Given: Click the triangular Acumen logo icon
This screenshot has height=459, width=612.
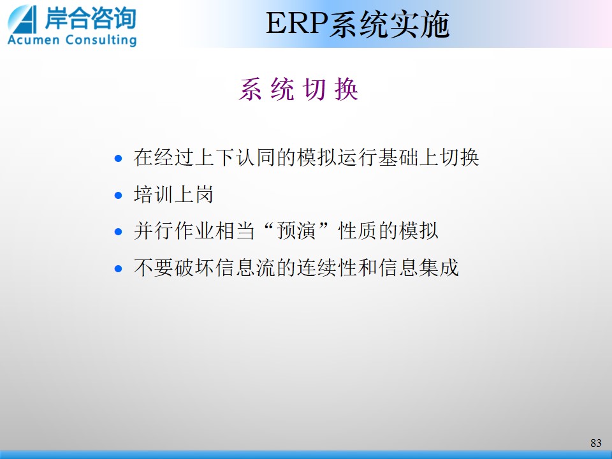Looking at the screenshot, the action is point(23,19).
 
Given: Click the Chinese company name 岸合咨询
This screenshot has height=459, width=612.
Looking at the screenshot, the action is point(91,18).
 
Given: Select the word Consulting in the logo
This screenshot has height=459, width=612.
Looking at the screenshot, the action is point(101,40).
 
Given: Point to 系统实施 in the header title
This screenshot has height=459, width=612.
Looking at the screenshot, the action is point(389,24).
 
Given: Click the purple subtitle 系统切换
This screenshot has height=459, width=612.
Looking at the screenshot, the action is point(298,89).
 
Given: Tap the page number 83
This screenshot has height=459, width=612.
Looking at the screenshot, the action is point(595,443).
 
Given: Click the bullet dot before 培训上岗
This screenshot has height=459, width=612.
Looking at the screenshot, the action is point(119,195).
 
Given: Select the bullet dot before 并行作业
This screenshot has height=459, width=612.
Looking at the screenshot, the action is point(119,232).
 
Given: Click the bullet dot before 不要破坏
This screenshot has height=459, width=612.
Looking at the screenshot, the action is point(119,268).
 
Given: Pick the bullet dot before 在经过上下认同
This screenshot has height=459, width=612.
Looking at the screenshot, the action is point(119,159).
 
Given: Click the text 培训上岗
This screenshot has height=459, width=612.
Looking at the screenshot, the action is point(173,194).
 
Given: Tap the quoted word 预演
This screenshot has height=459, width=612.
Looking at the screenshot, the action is point(296,231).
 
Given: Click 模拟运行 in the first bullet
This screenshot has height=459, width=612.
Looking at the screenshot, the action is point(337,157).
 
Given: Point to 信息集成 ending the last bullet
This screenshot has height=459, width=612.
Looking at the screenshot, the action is point(418,268).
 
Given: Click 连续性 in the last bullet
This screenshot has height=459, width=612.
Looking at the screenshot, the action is point(327,268).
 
